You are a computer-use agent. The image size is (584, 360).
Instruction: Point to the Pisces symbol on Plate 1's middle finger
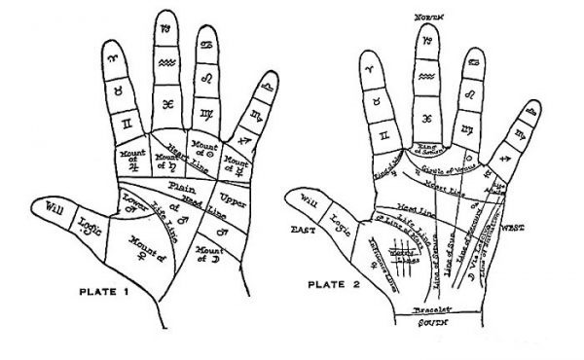pyautogui.click(x=166, y=101)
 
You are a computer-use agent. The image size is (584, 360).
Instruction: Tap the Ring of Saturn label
pyautogui.click(x=424, y=146)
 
